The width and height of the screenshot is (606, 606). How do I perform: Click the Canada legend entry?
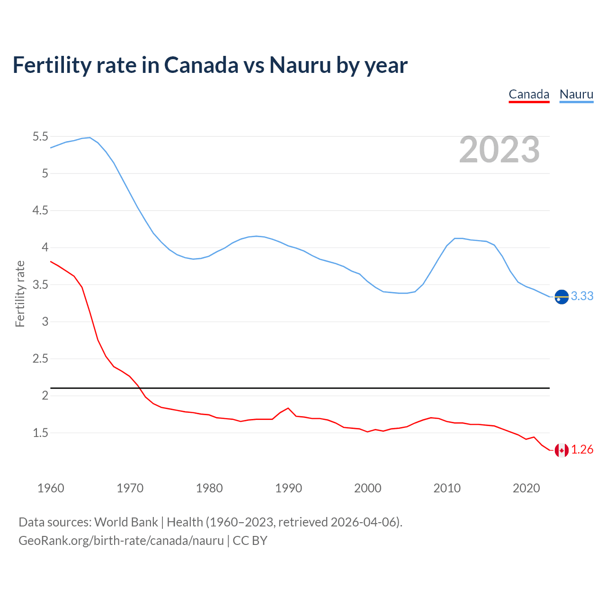529,95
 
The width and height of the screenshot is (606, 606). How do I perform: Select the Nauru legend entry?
576,95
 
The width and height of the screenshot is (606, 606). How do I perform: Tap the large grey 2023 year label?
499,150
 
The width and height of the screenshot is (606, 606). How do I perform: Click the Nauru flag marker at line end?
561,296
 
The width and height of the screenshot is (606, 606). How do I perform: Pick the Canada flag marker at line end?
561,450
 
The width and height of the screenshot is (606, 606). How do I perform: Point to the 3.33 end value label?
582,296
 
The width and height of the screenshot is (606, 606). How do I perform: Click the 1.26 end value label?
582,450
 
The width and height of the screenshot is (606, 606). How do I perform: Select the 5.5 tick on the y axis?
40,137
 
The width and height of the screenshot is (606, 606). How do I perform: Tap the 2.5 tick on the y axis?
40,359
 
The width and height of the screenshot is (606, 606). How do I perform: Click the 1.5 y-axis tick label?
40,433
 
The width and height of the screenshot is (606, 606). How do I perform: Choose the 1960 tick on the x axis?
51,488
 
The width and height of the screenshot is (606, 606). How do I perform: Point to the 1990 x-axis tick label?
288,488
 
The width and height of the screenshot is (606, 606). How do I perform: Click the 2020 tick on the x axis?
526,488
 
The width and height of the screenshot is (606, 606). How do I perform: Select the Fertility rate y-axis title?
20,294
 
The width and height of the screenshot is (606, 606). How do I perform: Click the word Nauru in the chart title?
300,65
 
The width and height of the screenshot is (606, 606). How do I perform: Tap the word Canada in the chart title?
201,65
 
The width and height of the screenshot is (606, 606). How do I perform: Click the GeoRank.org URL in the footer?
121,541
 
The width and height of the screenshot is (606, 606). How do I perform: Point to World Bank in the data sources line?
126,522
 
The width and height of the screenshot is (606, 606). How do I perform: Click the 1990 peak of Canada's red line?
288,408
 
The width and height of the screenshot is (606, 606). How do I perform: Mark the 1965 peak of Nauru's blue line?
90,137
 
